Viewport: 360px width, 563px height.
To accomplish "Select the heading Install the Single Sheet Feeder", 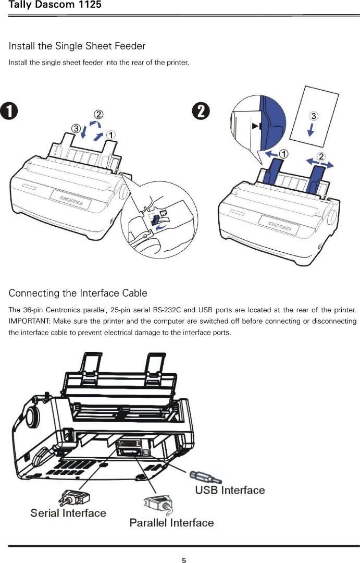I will click(x=77, y=46).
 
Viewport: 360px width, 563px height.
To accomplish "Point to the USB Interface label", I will click(x=230, y=490).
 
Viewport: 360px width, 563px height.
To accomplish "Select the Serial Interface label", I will click(x=68, y=513).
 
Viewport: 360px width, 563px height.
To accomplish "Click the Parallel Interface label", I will click(x=171, y=523).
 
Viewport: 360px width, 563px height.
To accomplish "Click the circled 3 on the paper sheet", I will click(x=314, y=115).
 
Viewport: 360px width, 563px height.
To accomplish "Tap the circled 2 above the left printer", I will click(x=98, y=114).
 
